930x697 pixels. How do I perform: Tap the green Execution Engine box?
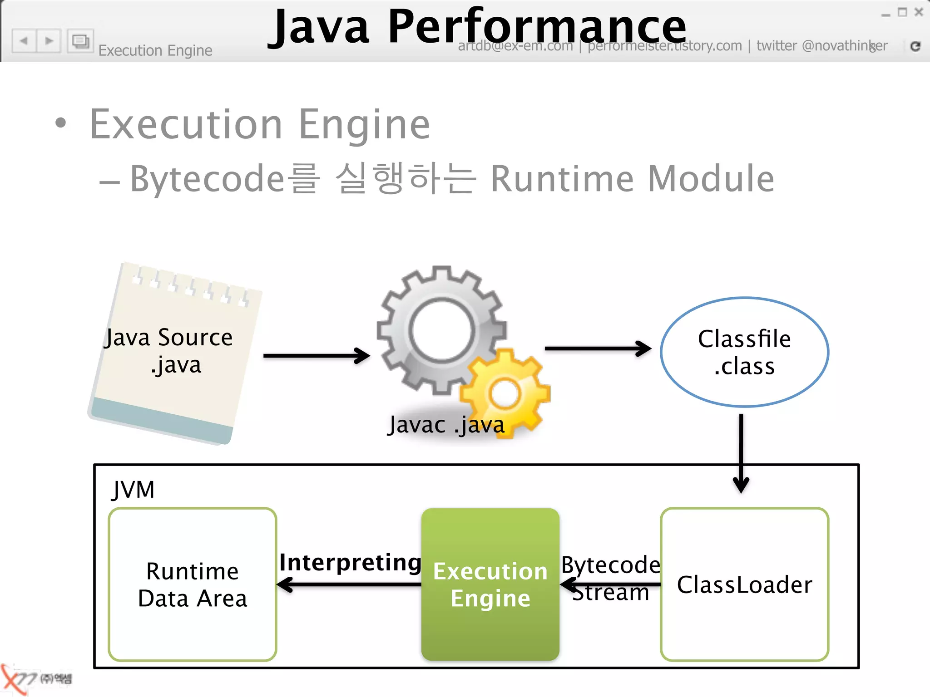(490, 584)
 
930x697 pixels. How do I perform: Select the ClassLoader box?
(744, 584)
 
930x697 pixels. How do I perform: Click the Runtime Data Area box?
(193, 584)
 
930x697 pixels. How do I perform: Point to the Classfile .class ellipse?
(744, 352)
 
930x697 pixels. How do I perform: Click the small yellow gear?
(505, 393)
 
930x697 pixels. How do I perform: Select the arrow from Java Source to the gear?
(317, 356)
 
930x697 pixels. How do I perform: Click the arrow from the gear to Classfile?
(598, 348)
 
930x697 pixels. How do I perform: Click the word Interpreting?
(350, 562)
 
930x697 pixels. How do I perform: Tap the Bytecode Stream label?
(611, 578)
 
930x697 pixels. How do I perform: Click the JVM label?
(133, 490)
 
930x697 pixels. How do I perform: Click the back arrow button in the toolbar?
(24, 41)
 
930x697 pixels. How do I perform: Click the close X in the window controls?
(918, 12)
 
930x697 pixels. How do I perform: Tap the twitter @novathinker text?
(821, 46)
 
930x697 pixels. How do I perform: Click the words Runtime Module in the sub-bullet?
(632, 179)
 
